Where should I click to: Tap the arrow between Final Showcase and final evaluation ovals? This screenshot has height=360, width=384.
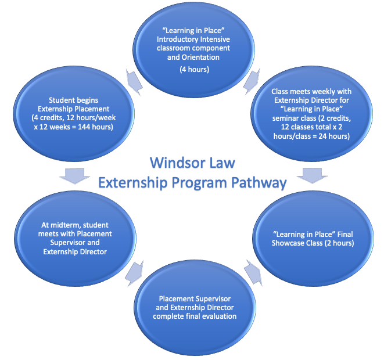click(x=253, y=269)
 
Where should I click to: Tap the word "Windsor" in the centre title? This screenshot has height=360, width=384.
click(x=173, y=162)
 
